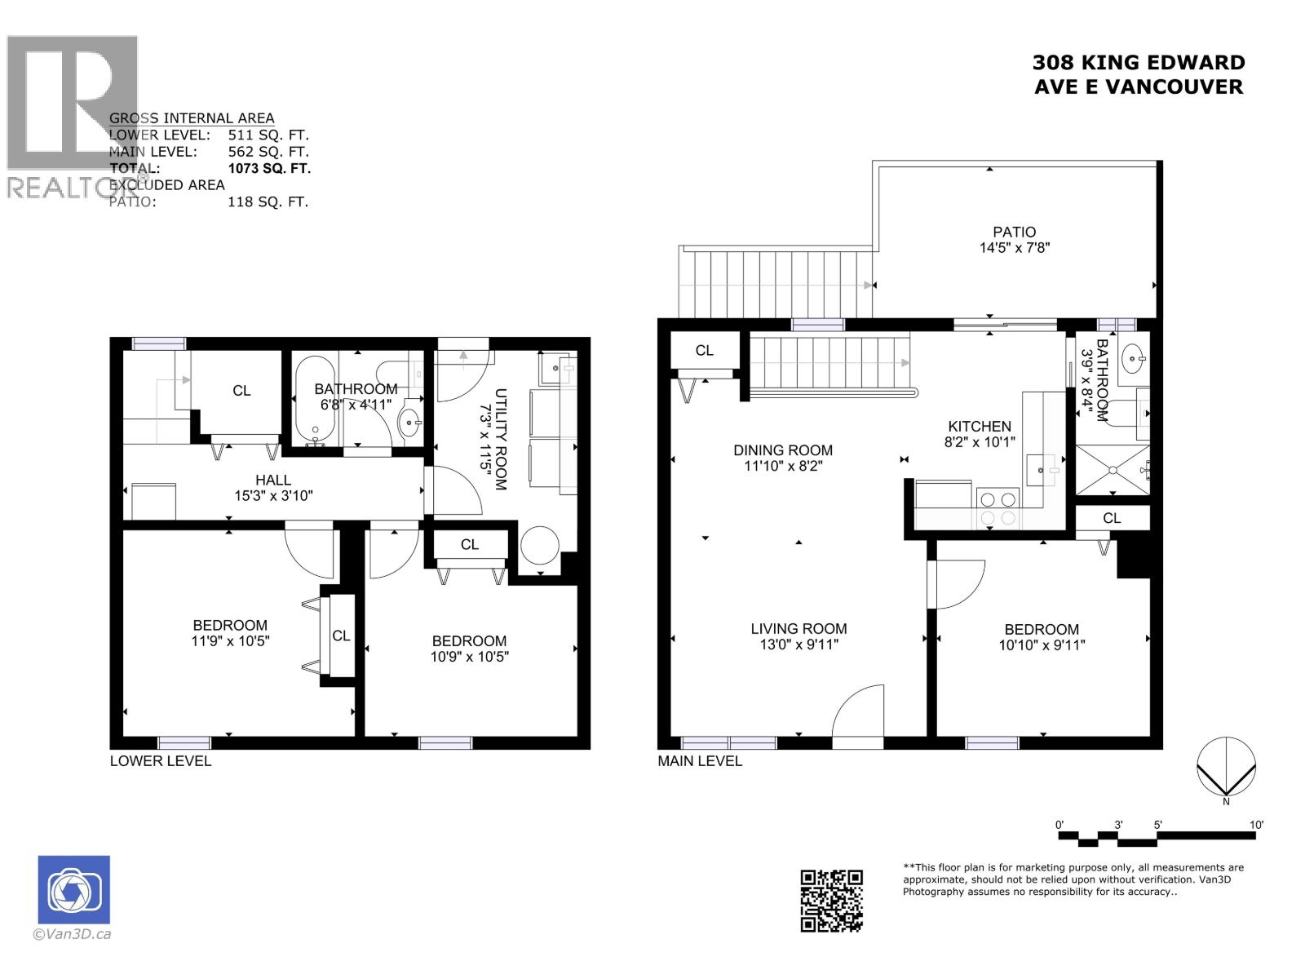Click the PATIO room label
(1014, 232)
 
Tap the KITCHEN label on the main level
(979, 426)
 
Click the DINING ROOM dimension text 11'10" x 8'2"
(782, 466)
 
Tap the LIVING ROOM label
(798, 628)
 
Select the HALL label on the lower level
(272, 480)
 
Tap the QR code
(831, 901)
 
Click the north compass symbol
(1226, 767)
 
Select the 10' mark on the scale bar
(1256, 825)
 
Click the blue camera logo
(73, 889)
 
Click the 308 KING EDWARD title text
(1139, 63)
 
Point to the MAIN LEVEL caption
(700, 761)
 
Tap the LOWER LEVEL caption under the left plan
(161, 761)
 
